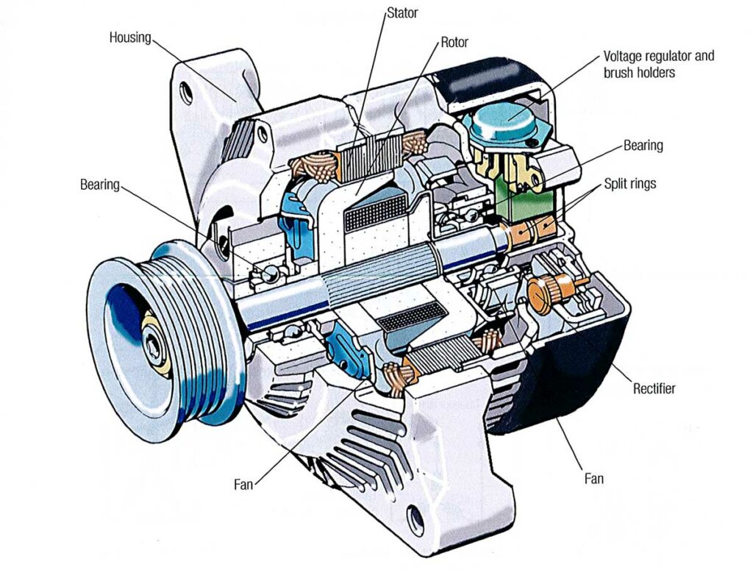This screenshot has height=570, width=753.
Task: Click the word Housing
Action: coord(130,37)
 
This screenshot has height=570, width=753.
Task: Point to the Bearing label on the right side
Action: coord(643,145)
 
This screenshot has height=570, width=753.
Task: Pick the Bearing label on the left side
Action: coord(99,184)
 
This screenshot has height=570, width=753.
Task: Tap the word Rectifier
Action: coord(654,388)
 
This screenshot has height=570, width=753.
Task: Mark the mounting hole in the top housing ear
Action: coord(187,93)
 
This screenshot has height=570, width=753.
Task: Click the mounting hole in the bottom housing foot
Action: coord(415,519)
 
